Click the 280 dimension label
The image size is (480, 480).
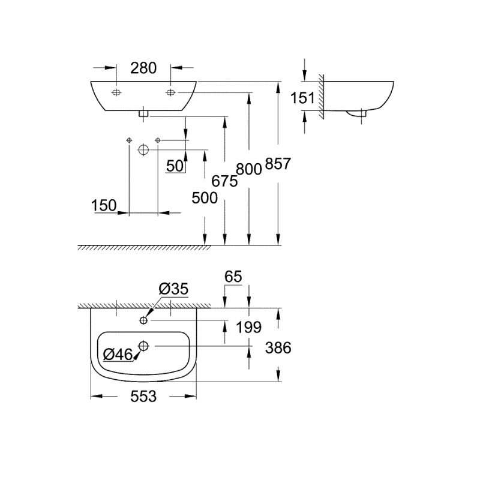click(144, 68)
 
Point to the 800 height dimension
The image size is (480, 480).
click(248, 170)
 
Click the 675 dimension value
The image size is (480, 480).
click(224, 181)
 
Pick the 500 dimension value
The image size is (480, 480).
click(205, 197)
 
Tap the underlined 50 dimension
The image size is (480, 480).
click(175, 166)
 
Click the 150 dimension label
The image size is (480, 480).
click(104, 205)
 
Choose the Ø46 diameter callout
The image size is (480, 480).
click(118, 355)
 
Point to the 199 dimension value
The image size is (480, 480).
click(248, 327)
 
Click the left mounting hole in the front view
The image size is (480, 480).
click(116, 92)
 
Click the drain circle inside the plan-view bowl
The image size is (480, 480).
click(143, 346)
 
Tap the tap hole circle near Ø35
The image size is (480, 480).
click(143, 320)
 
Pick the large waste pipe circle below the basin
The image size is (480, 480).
click(143, 149)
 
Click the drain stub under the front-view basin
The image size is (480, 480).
click(143, 112)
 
